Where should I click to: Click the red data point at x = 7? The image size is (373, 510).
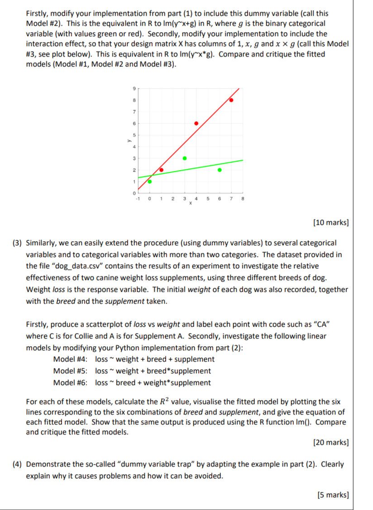231,100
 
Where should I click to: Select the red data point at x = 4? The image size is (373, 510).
196,123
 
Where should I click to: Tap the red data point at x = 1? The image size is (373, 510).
161,170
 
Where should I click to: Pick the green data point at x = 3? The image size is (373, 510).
184,158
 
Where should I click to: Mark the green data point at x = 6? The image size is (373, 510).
220,170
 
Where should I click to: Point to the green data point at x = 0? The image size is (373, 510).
150,181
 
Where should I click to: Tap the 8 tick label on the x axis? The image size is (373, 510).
243,198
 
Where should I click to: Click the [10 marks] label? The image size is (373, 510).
330,222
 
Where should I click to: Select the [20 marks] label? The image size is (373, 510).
330,443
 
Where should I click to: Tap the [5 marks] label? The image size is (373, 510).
333,495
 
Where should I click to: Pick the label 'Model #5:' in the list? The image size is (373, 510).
70,371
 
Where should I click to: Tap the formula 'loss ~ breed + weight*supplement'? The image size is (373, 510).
153,383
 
